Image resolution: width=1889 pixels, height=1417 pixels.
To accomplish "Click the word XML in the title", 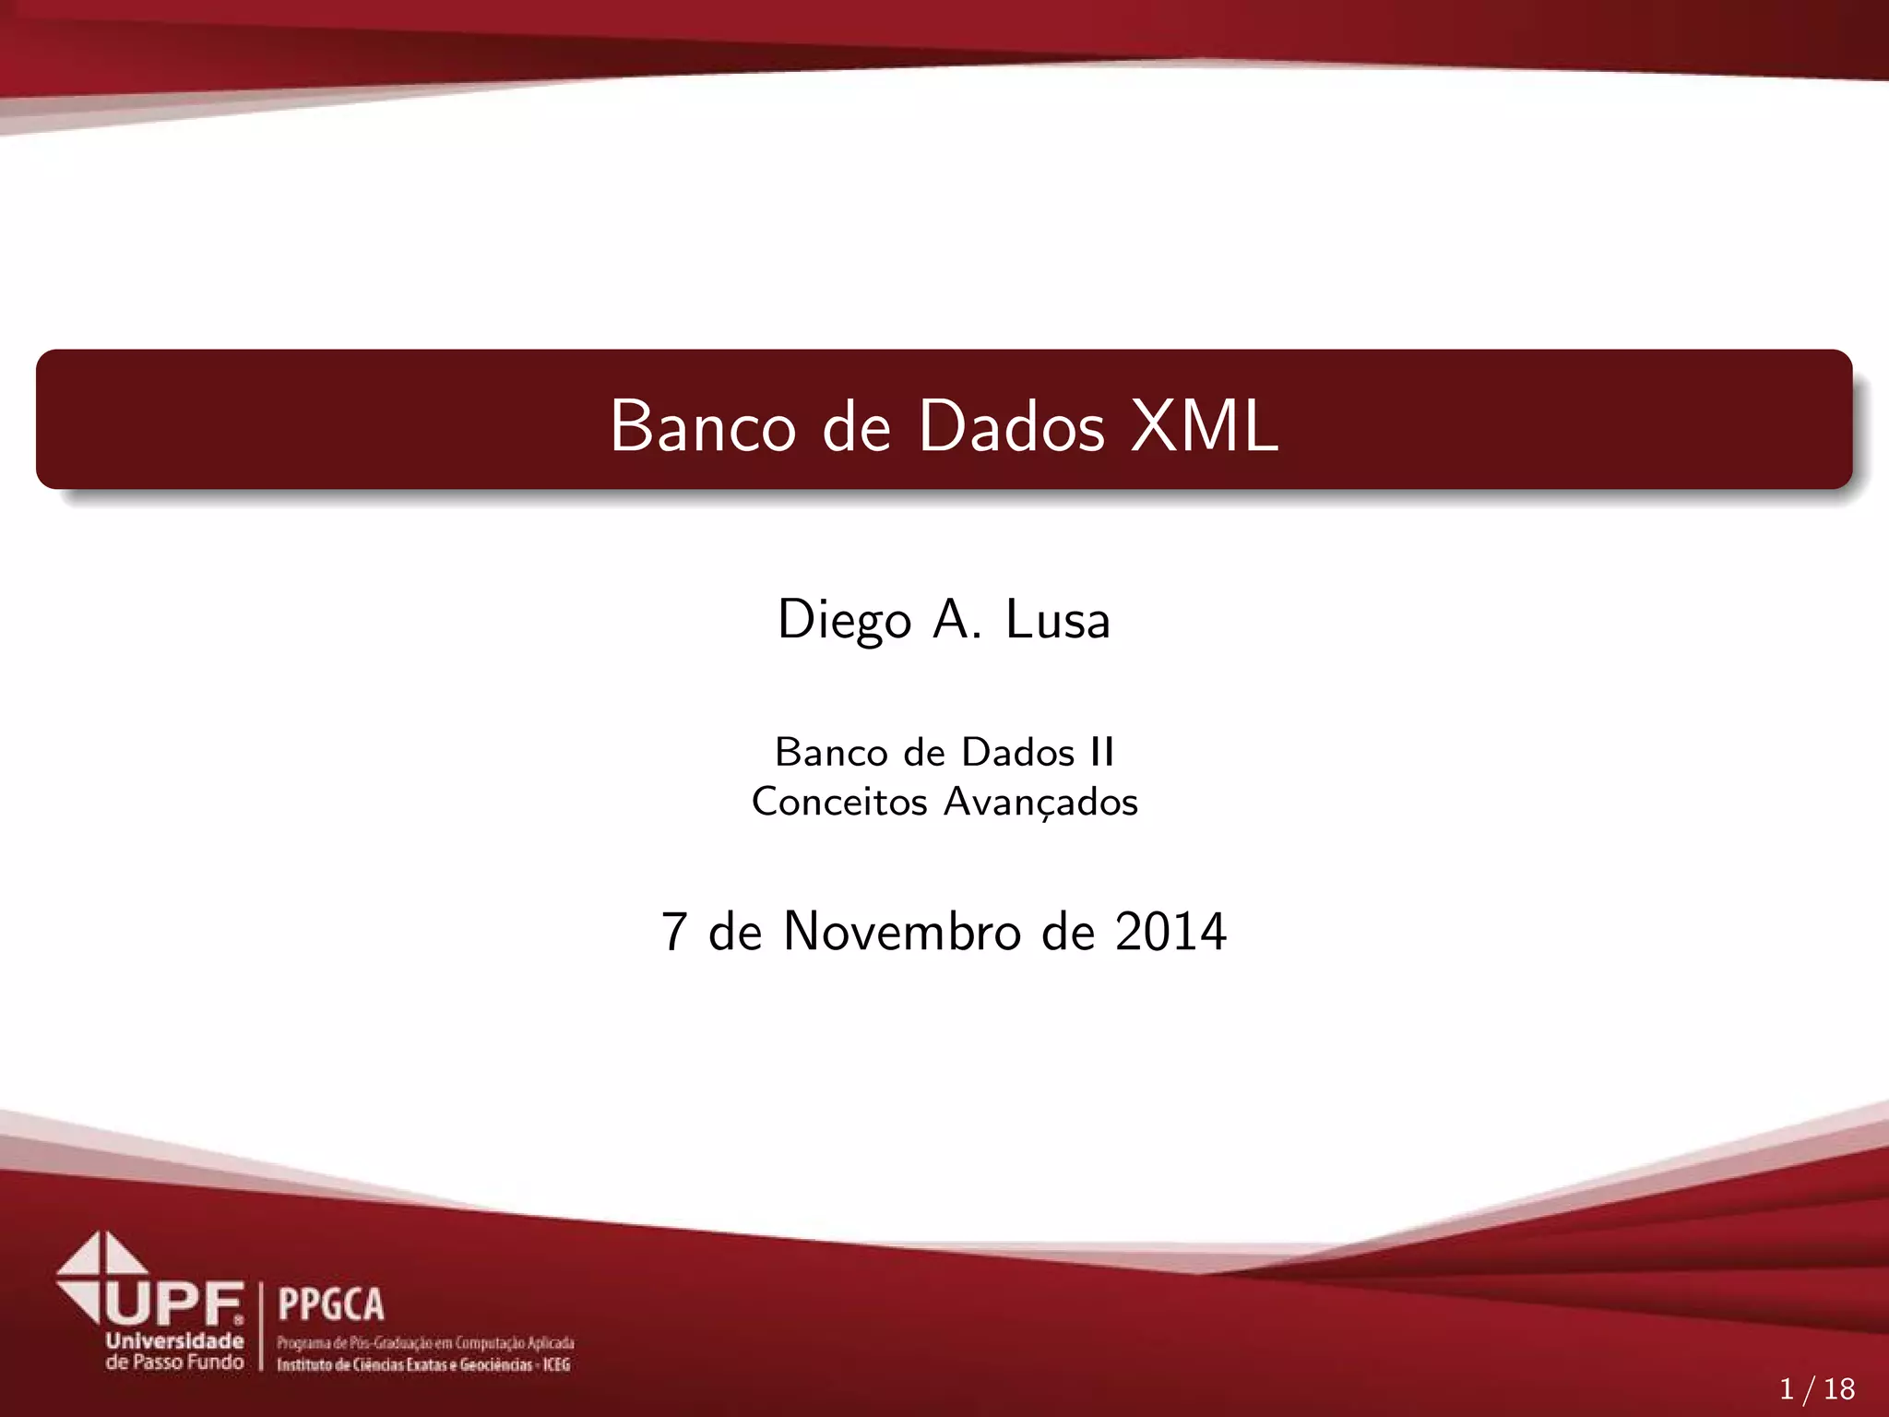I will coord(1205,426).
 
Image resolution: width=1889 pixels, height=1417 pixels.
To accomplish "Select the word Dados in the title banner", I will coord(1011,426).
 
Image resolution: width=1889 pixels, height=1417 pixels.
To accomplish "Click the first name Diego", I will coord(844,620).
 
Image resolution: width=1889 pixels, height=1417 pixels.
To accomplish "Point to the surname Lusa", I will coord(1057,620).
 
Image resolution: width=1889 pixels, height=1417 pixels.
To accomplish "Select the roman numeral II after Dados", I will coord(1101,753).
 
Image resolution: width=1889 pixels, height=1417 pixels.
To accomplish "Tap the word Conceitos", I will coord(839,802).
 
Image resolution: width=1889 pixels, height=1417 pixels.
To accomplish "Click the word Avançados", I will coord(1040,802).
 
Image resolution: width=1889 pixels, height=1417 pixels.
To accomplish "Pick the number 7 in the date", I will coord(674,932).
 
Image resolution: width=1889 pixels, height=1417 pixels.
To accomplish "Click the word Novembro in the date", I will coord(901,932).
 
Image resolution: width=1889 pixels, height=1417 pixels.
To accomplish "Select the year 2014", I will coord(1170,932).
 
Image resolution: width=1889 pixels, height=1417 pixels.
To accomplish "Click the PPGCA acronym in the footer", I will coord(330,1304).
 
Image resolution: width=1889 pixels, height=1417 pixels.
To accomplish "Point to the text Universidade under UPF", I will coord(174,1341).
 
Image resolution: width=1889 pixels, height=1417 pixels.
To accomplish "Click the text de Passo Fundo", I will coord(174,1363).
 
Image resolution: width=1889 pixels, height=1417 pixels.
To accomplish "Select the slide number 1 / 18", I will coord(1816,1388).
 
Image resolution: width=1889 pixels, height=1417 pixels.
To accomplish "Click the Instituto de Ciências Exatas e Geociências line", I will coord(423,1364).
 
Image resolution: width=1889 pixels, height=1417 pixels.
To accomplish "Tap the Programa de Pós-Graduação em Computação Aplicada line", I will coord(425,1343).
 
